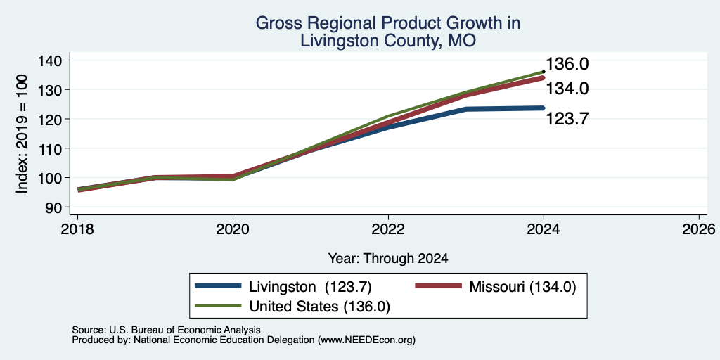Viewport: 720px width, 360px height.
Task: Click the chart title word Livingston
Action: coord(340,41)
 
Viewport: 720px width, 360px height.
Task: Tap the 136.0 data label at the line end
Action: coord(567,64)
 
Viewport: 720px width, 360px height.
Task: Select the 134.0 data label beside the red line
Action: coord(567,89)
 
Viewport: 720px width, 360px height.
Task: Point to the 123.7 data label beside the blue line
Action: coord(567,120)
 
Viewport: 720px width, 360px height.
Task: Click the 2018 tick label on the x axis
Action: coord(77,229)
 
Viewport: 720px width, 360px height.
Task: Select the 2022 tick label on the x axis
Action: coord(388,229)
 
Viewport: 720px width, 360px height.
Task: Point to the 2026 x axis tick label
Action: coord(700,229)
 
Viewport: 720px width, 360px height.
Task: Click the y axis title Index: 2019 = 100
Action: coord(22,134)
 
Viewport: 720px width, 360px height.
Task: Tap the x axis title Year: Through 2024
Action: coord(388,259)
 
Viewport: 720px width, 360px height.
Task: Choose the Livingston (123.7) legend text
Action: coord(310,287)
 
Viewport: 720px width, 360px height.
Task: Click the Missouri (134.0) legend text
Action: coord(522,287)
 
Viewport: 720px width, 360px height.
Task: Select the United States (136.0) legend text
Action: coord(320,307)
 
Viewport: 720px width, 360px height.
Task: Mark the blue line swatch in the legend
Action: coord(218,286)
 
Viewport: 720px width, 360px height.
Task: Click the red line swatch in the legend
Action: coord(438,286)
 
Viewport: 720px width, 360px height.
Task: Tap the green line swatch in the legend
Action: coord(218,306)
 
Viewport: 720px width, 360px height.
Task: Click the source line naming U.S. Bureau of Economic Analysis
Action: coord(166,330)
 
